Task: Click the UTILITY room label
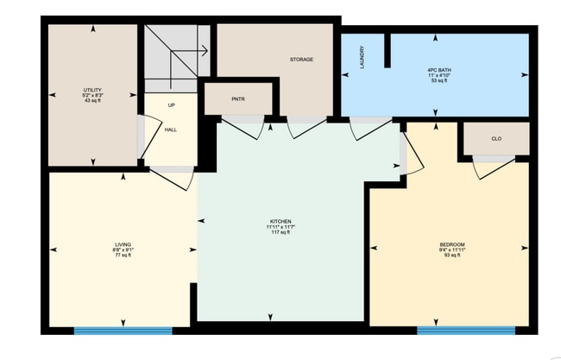click(93, 90)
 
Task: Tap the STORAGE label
click(301, 60)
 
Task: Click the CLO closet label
click(496, 138)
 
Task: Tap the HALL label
click(171, 129)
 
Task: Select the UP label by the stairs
click(171, 105)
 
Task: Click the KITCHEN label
click(281, 222)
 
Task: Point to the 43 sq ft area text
click(93, 101)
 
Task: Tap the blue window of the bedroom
click(466, 330)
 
